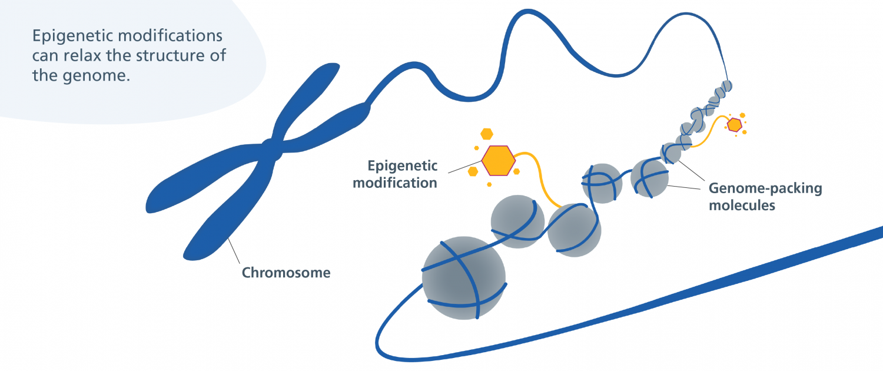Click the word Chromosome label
pyautogui.click(x=286, y=273)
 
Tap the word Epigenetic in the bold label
pyautogui.click(x=403, y=166)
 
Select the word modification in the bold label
pyautogui.click(x=395, y=183)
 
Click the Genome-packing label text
pyautogui.click(x=765, y=188)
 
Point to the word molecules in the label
pyautogui.click(x=742, y=206)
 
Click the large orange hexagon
pyautogui.click(x=498, y=160)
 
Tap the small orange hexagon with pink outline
pyautogui.click(x=735, y=125)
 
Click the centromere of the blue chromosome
pyautogui.click(x=272, y=150)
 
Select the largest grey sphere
pyautogui.click(x=464, y=277)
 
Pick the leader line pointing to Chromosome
pyautogui.click(x=234, y=251)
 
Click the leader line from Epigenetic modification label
pyautogui.click(x=465, y=167)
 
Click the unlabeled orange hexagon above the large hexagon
pyautogui.click(x=487, y=134)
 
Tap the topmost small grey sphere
pyautogui.click(x=726, y=86)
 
